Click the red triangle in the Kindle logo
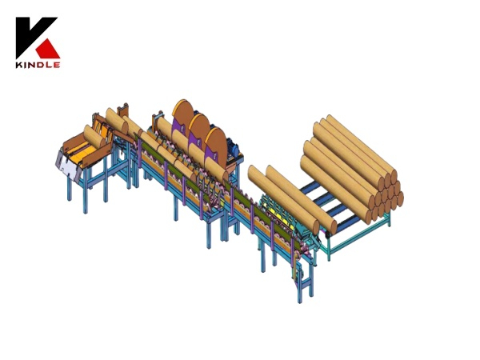click(47, 50)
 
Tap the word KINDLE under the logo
click(38, 65)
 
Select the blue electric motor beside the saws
click(235, 147)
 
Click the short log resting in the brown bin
click(94, 136)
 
